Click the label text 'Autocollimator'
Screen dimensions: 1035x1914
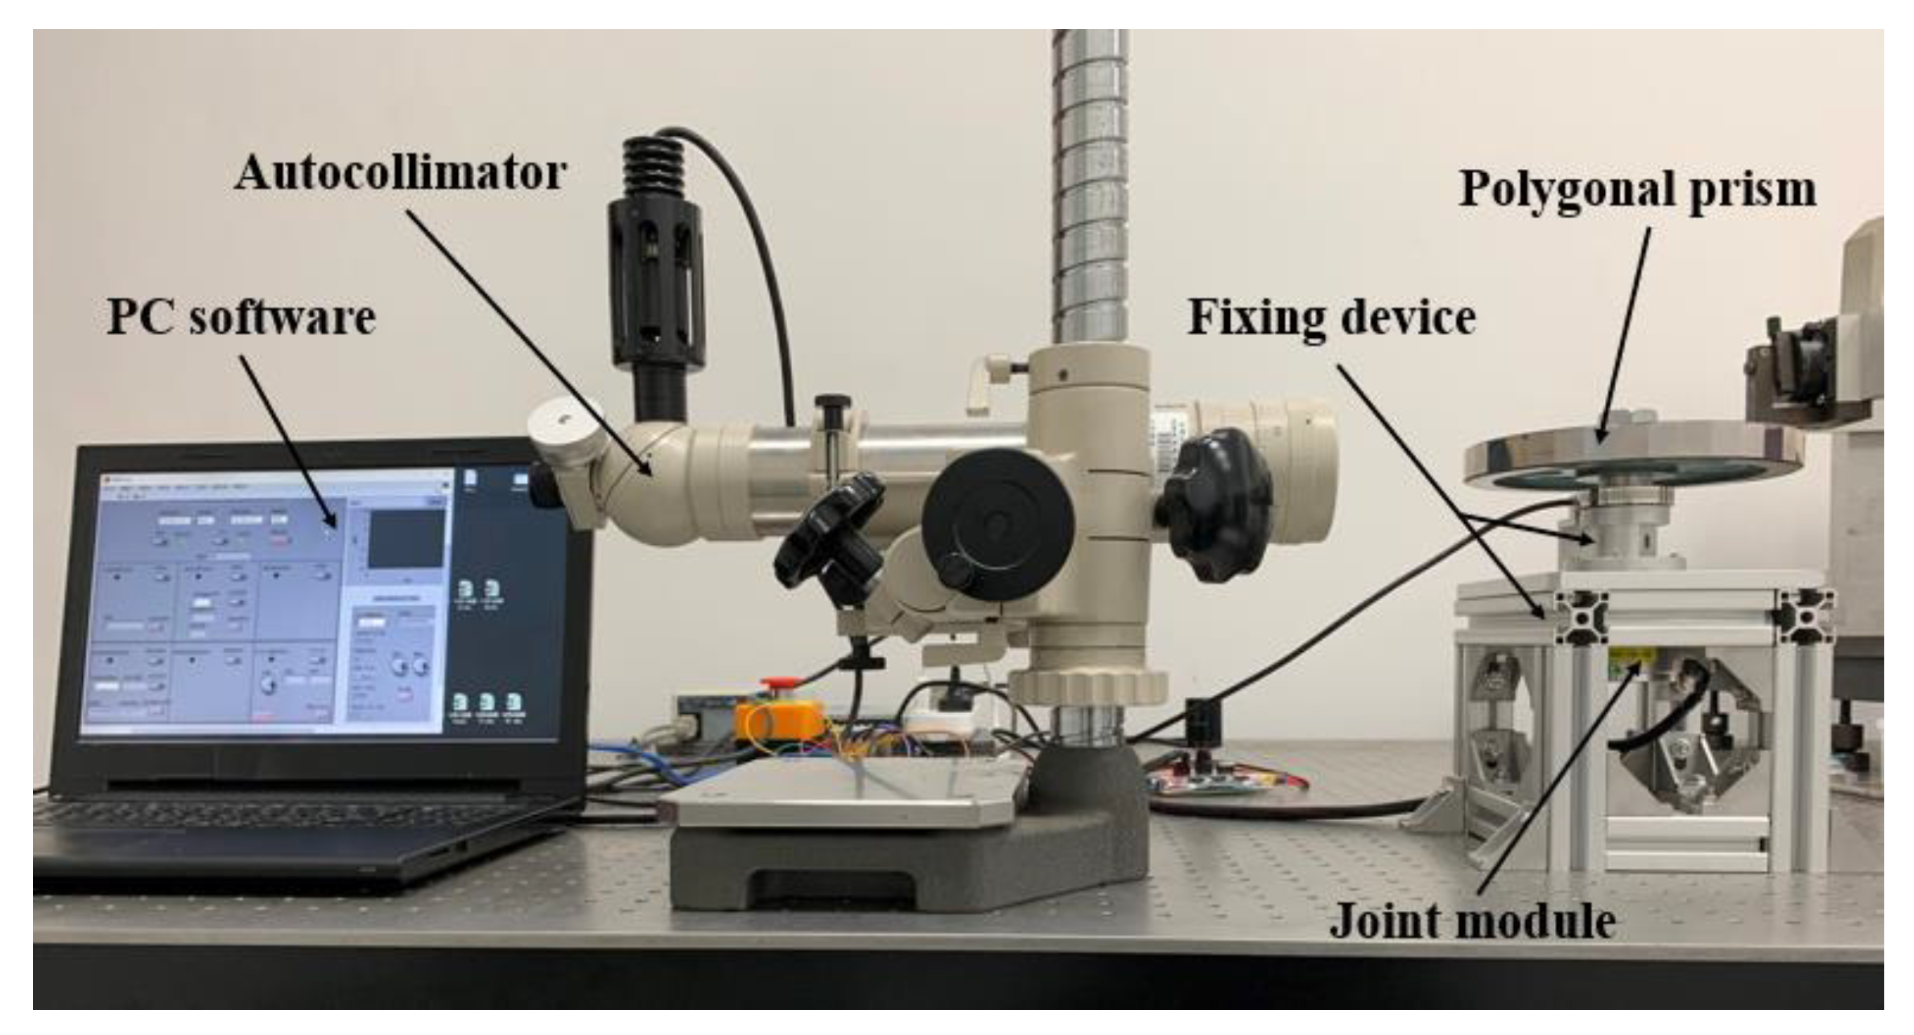coord(400,173)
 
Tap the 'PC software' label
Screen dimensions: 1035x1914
coord(241,316)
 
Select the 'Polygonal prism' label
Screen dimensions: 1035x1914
coord(1638,191)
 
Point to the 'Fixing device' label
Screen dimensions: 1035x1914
coord(1332,317)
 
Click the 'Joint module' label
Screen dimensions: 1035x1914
coord(1472,921)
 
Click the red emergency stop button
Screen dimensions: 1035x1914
coord(777,685)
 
